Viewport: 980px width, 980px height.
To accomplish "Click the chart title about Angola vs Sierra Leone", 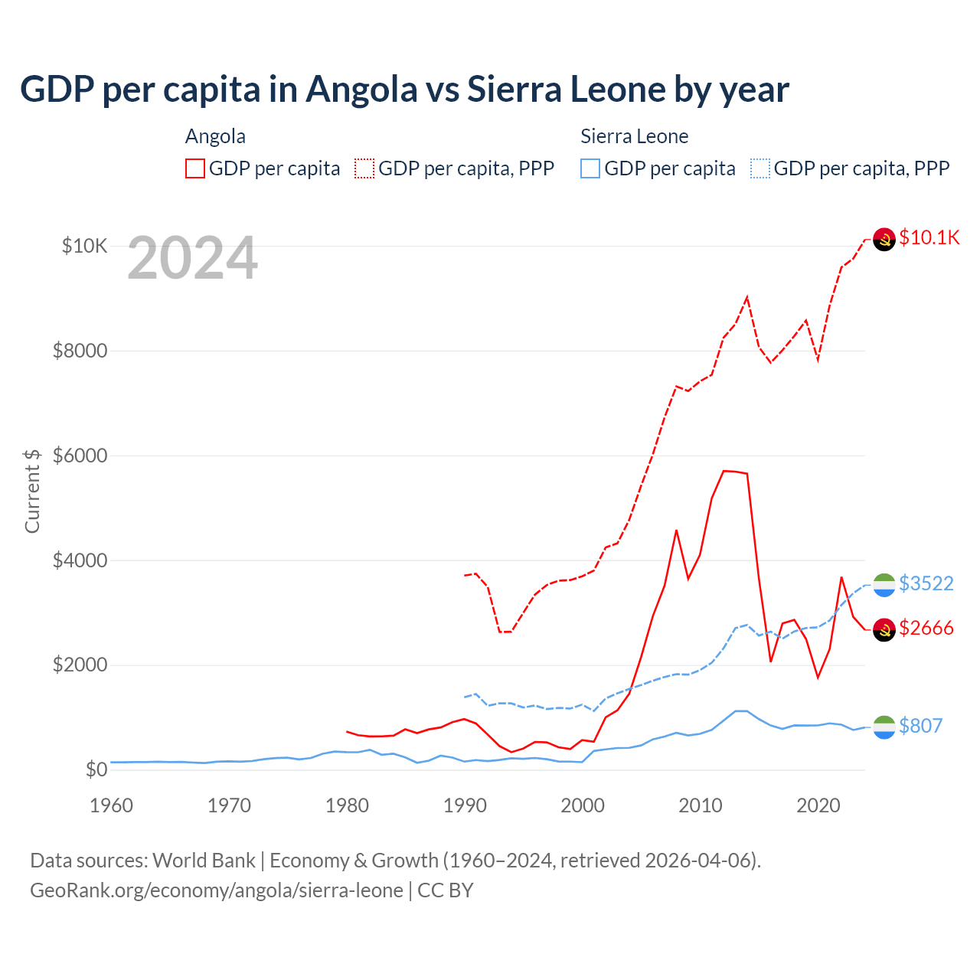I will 404,90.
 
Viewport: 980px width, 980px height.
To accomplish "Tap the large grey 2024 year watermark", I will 192,259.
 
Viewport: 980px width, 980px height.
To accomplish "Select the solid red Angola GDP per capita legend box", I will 195,168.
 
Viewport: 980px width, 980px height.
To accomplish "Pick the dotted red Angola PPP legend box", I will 364,168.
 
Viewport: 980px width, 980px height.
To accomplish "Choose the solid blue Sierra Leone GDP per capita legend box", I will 590,168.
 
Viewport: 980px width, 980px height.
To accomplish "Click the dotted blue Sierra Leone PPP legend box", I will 760,168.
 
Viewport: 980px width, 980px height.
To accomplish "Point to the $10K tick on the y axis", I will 84,246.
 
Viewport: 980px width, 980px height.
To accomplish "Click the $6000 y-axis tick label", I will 80,456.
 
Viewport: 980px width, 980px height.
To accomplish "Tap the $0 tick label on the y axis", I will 96,769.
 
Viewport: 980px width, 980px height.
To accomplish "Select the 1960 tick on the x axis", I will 112,805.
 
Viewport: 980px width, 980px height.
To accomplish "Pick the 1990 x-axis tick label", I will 465,805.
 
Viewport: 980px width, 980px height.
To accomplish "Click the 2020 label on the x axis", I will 818,805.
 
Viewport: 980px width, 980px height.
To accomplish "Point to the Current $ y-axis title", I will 32,491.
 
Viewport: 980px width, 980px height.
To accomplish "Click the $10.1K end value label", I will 929,237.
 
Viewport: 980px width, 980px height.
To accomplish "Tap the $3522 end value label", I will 926,583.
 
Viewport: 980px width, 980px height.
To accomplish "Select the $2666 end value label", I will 926,629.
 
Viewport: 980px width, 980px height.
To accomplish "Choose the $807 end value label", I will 920,726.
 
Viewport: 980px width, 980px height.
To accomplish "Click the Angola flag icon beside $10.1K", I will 884,240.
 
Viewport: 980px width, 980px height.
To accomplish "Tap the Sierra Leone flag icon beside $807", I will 884,727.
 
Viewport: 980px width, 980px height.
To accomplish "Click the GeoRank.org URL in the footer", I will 217,890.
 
